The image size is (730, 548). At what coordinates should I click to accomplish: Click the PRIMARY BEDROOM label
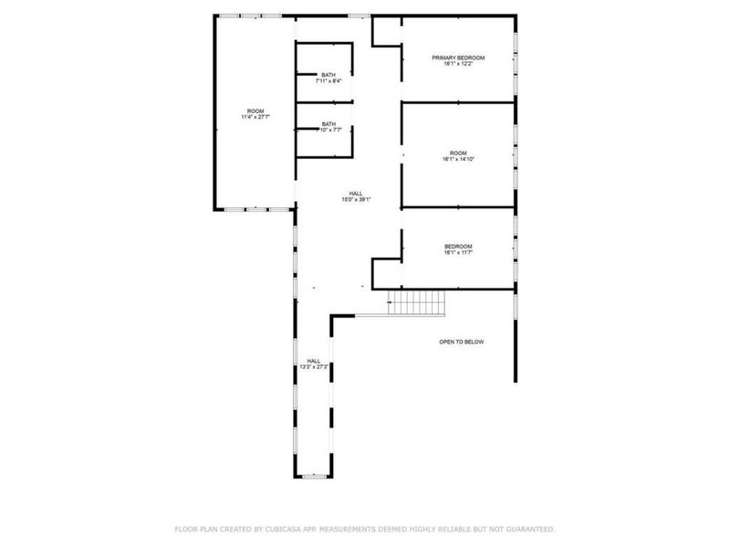458,58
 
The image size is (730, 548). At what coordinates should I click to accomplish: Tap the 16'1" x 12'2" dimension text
458,64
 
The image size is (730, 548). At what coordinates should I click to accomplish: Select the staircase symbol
415,302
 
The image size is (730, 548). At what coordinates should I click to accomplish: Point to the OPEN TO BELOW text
462,342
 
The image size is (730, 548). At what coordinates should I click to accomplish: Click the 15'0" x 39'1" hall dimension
356,199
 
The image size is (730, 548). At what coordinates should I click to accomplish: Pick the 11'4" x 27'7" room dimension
255,117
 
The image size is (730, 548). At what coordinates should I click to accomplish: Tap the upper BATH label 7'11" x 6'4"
328,81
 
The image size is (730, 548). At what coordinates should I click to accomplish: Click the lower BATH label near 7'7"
328,130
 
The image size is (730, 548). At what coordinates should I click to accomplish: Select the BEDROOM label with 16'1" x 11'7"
458,246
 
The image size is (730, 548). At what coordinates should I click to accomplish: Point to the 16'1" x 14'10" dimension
458,159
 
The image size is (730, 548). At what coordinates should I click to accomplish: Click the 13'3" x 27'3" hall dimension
314,366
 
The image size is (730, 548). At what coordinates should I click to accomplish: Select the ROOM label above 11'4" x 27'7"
255,111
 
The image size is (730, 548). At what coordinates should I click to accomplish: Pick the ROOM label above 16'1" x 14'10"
458,153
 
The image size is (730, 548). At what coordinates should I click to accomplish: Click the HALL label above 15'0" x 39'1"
356,193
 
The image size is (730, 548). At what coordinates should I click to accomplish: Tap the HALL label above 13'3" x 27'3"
314,360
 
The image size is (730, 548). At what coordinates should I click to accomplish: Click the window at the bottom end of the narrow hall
313,475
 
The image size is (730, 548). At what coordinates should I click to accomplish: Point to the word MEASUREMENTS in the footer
344,529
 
